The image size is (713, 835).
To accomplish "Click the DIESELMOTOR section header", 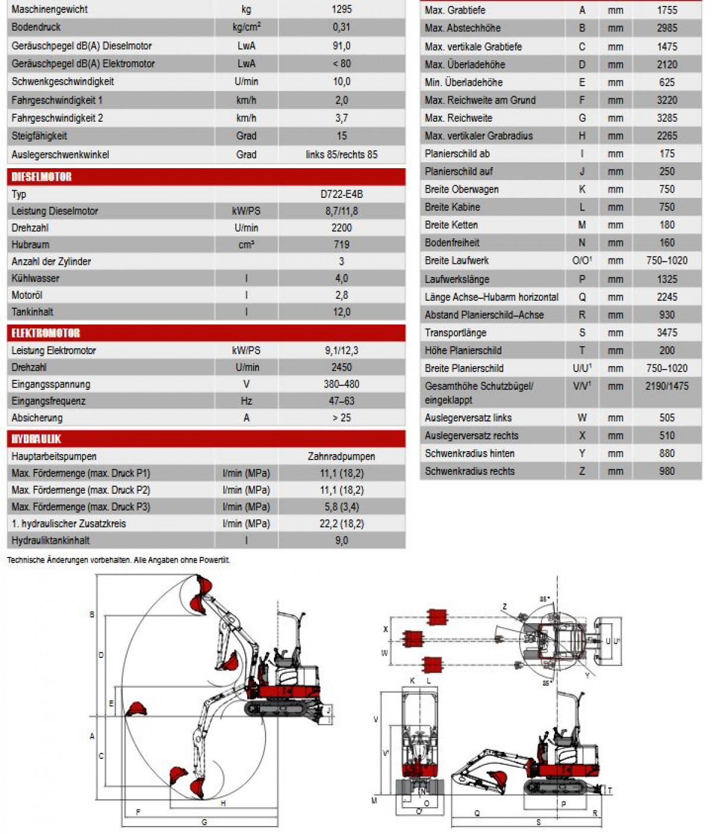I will (42, 177).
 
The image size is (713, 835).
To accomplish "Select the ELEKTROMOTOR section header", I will (46, 333).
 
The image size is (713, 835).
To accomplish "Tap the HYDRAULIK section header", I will (36, 439).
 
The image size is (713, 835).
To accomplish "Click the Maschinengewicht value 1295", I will (342, 10).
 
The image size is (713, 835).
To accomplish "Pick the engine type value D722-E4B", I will (342, 194).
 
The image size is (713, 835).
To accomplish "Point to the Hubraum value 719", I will (342, 244).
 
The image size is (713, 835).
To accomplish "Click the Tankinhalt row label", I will (32, 312).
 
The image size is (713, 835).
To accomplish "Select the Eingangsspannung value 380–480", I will (342, 384).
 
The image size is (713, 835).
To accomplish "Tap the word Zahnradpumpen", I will (342, 456).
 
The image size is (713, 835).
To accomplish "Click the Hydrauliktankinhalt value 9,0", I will (342, 540).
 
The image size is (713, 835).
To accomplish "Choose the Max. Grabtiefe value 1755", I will (667, 10).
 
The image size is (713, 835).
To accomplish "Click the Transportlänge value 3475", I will (667, 333).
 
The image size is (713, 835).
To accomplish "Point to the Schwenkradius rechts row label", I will (469, 471).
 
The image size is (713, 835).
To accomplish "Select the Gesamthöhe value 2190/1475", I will (667, 386).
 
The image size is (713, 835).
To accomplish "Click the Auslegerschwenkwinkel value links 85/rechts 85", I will (342, 155).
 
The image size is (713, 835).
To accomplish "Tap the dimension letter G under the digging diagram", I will (204, 823).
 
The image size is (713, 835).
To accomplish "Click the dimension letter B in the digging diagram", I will (92, 615).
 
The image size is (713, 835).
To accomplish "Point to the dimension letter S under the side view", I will (539, 823).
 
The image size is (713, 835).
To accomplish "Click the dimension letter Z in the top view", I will (504, 607).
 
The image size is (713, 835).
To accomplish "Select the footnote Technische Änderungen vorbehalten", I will (118, 560).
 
